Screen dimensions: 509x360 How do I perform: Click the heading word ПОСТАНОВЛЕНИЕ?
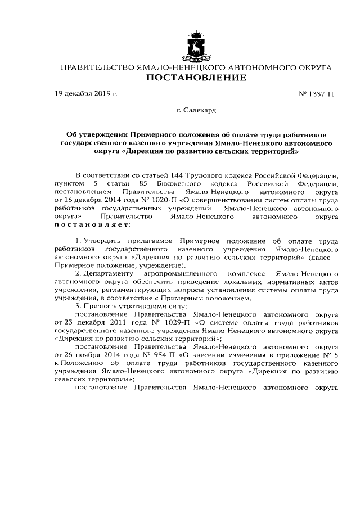[196, 78]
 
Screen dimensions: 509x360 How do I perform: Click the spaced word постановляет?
[92, 224]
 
